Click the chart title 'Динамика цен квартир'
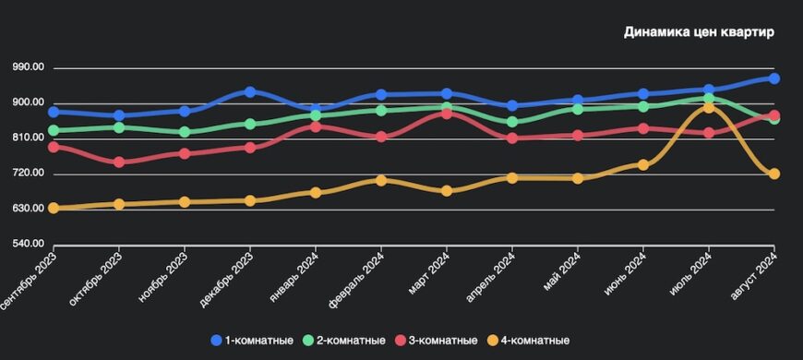pyautogui.click(x=698, y=32)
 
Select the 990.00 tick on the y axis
pyautogui.click(x=28, y=67)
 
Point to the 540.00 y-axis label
pyautogui.click(x=28, y=244)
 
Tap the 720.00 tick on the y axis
pyautogui.click(x=28, y=174)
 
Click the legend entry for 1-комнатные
pyautogui.click(x=253, y=341)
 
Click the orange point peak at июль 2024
pyautogui.click(x=708, y=107)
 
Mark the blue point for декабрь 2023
pyautogui.click(x=250, y=92)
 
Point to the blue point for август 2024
pyautogui.click(x=774, y=78)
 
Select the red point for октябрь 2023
pyautogui.click(x=119, y=162)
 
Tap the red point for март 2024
pyautogui.click(x=448, y=113)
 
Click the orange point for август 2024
pyautogui.click(x=774, y=174)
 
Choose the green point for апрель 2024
pyautogui.click(x=513, y=122)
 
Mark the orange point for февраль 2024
pyautogui.click(x=381, y=180)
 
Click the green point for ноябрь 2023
pyautogui.click(x=185, y=132)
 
